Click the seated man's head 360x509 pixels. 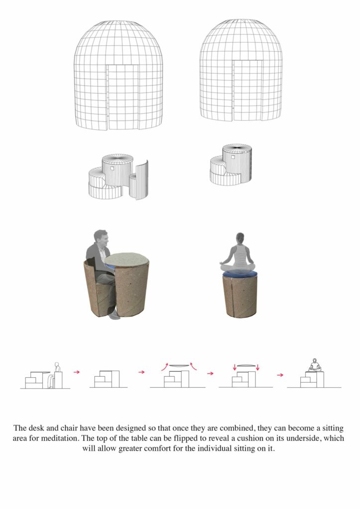coord(101,239)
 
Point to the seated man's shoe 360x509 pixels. coord(114,314)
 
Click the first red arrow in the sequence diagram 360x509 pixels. coord(77,372)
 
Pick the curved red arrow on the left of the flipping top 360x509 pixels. coord(165,366)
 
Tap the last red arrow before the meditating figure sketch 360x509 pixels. coord(280,375)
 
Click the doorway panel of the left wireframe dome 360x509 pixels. coord(123,97)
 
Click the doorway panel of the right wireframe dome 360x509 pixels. coord(247,90)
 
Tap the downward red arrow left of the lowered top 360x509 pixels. coord(235,367)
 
